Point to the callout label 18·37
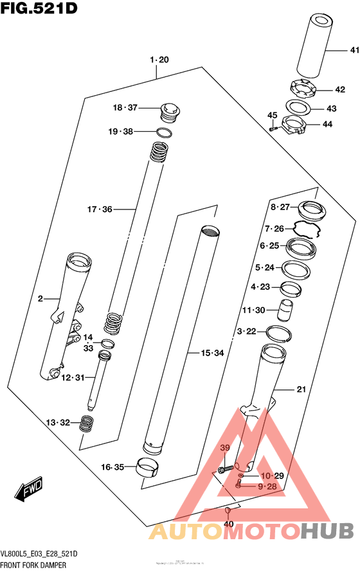click(125, 107)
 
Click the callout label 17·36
click(100, 209)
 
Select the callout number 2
click(40, 298)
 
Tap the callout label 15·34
click(212, 353)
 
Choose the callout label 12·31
click(73, 377)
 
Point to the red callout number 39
click(225, 447)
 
